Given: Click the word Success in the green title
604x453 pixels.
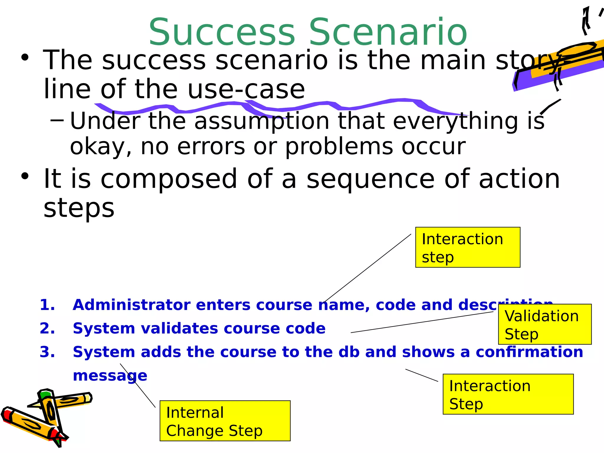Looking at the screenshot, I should point(222,32).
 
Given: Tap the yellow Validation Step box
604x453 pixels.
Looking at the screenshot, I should point(544,324).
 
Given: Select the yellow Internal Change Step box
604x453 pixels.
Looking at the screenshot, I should point(225,421).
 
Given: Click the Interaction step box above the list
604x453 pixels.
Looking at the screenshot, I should point(467,247).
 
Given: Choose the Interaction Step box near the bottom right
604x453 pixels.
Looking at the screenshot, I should point(508,394).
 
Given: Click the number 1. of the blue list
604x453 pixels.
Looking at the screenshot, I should point(47,305).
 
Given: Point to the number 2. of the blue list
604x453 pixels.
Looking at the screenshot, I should point(47,328).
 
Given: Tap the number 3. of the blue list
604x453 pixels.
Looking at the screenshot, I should point(47,352).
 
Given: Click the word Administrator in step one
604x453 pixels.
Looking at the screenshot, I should point(132,305).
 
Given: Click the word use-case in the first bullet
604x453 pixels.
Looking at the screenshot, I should point(246,89).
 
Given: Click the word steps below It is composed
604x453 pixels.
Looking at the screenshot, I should point(79,208).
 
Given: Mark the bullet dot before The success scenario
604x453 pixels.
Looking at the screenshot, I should point(25,58).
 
